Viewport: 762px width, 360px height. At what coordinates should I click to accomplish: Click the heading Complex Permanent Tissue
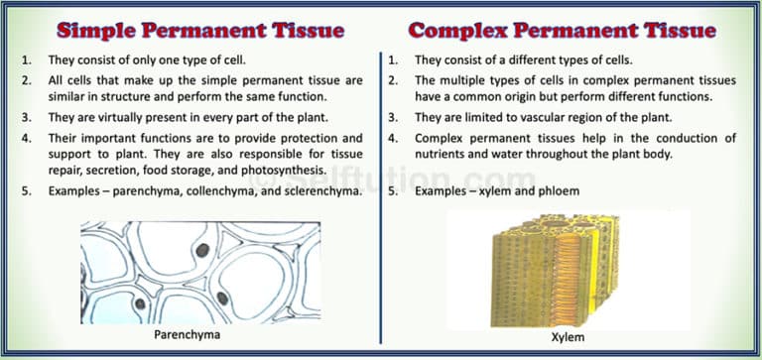(563, 29)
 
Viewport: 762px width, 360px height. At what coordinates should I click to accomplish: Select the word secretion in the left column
(112, 170)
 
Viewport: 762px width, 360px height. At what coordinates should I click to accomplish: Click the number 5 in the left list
(26, 189)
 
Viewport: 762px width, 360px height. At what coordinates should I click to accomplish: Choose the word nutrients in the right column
(445, 154)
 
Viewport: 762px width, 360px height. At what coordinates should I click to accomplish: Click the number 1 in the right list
(394, 60)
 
